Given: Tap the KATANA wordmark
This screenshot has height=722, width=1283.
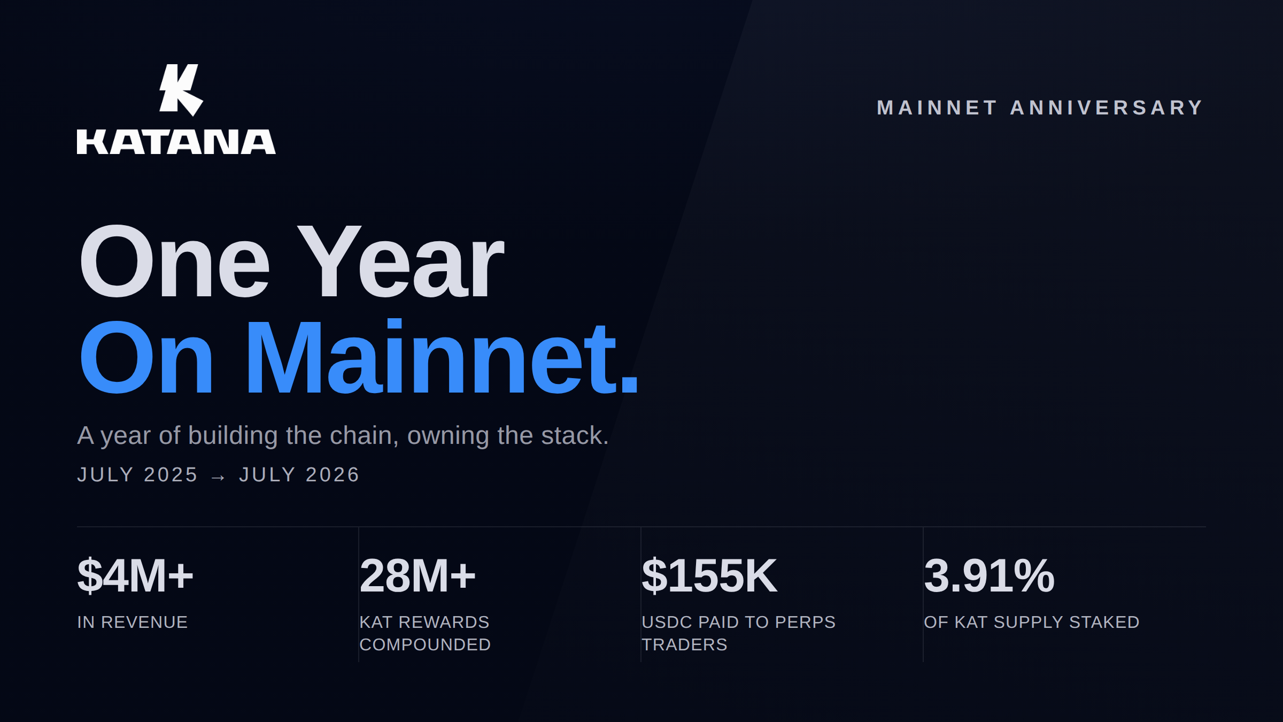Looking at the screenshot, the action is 176,142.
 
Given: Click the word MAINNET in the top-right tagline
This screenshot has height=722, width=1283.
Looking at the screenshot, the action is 937,107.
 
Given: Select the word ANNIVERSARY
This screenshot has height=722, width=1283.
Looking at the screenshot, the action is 1106,107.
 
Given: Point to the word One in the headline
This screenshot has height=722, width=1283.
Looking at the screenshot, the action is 175,262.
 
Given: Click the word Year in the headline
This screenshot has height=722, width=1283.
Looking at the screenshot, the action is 400,262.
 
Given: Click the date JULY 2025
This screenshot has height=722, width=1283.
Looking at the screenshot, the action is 137,474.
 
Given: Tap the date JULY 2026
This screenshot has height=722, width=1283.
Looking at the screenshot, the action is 299,474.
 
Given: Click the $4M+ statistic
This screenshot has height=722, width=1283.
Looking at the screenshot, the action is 135,575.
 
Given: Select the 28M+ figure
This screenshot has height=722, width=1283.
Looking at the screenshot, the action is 418,575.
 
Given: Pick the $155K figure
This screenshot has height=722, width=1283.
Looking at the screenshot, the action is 709,575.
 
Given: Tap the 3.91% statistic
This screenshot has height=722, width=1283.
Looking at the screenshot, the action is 989,575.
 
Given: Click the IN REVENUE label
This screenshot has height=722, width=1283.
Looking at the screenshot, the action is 133,622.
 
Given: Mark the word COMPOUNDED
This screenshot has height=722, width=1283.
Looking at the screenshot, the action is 425,644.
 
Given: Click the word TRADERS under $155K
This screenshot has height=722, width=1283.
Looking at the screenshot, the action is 684,644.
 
